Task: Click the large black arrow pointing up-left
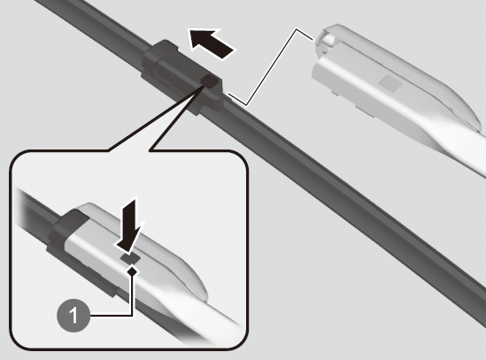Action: point(212,43)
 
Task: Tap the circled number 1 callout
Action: point(73,316)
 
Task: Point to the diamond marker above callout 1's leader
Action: point(133,271)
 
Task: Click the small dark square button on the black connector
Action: point(209,80)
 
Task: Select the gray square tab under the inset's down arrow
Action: point(130,257)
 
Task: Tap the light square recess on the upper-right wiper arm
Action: point(391,83)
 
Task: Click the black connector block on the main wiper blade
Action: point(182,76)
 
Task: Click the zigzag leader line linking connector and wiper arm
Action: point(270,66)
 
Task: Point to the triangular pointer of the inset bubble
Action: point(161,124)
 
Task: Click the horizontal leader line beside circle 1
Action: point(112,316)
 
